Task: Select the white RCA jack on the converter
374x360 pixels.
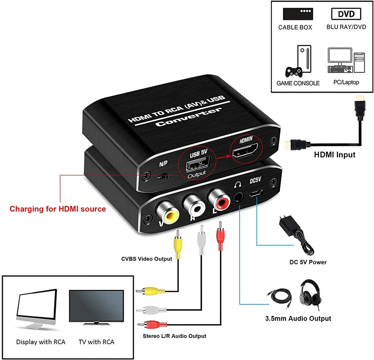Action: tap(194, 205)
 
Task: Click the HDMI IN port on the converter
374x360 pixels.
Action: tap(245, 150)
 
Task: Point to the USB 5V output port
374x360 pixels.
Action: tap(198, 163)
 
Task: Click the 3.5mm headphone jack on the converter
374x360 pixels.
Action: tap(238, 197)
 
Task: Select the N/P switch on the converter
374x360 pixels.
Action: tap(163, 177)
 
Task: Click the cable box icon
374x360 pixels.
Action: tap(298, 14)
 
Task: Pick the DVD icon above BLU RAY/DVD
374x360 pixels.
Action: tap(346, 14)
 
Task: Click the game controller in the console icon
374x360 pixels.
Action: tap(294, 72)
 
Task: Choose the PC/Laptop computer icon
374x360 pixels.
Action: tap(346, 60)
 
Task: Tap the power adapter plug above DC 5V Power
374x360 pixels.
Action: tap(296, 235)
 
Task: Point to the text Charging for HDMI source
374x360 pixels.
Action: tap(58, 209)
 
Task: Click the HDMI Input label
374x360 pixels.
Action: tap(335, 155)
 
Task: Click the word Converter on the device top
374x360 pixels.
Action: tap(189, 117)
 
